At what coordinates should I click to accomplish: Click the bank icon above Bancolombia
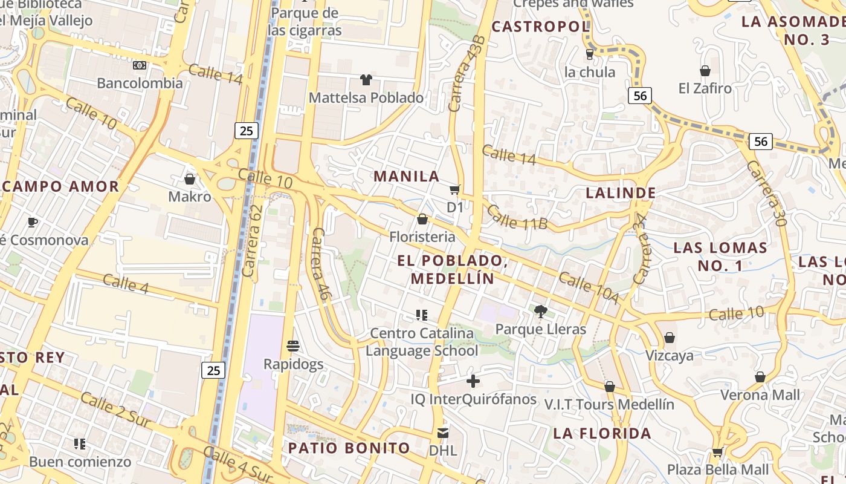140,65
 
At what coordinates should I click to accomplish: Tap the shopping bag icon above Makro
190,179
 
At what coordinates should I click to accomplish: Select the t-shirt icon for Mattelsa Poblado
366,79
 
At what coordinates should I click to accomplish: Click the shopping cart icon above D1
455,190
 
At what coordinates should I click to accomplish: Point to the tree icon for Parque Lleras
540,312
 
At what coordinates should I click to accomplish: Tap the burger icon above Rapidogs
293,346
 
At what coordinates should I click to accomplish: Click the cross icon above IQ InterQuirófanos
473,381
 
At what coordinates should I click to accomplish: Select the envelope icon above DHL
443,433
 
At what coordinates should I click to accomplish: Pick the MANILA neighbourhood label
407,176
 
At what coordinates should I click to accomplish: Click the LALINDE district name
621,193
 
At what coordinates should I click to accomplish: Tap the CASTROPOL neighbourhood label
540,27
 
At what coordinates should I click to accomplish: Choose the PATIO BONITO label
349,448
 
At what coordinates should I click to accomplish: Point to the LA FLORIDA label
602,433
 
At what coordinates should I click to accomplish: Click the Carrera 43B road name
467,73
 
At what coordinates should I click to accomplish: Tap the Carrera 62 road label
253,241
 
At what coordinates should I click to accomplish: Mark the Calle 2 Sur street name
115,410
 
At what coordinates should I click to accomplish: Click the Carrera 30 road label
766,193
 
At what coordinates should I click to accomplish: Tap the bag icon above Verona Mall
760,378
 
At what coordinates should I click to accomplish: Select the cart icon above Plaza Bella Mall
717,452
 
